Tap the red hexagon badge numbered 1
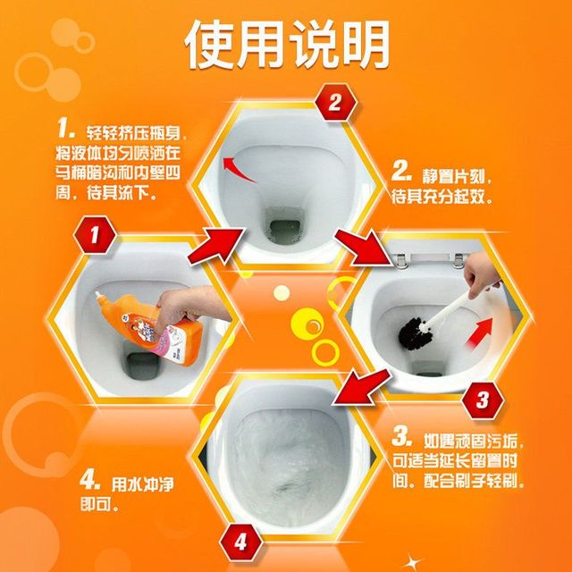(95, 235)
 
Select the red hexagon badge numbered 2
(335, 103)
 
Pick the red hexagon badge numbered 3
(483, 400)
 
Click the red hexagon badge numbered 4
(240, 543)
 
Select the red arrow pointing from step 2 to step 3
(364, 248)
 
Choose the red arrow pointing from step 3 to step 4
(361, 387)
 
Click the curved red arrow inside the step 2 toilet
(238, 169)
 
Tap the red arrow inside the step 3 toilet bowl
(479, 332)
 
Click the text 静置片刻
(457, 177)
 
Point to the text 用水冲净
(143, 484)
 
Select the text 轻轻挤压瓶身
(133, 133)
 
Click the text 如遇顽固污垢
(473, 441)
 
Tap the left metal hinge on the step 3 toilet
(401, 261)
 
